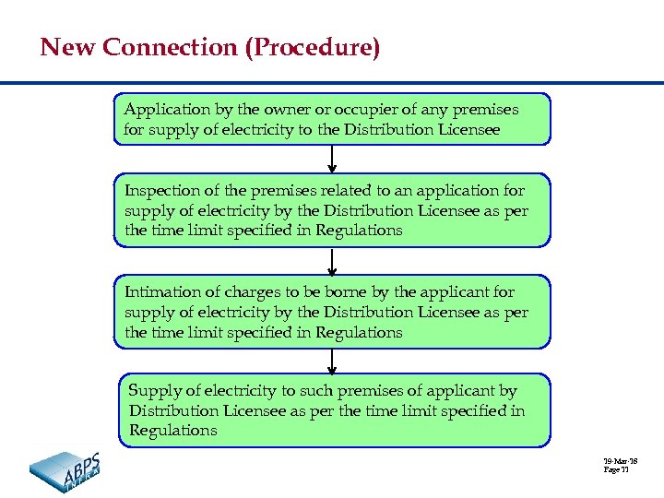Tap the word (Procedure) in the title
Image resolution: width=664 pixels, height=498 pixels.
tap(313, 47)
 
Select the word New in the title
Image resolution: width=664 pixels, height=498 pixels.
tap(68, 47)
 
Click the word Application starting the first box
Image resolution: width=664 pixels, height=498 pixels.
tap(167, 110)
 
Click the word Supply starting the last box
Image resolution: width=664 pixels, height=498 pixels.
tap(152, 391)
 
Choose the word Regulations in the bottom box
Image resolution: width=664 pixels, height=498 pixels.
tap(173, 431)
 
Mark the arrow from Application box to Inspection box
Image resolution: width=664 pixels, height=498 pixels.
tap(332, 159)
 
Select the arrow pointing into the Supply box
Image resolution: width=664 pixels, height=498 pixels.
tap(332, 361)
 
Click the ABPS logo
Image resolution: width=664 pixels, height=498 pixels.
tap(65, 470)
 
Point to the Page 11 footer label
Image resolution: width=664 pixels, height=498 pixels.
tap(616, 470)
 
